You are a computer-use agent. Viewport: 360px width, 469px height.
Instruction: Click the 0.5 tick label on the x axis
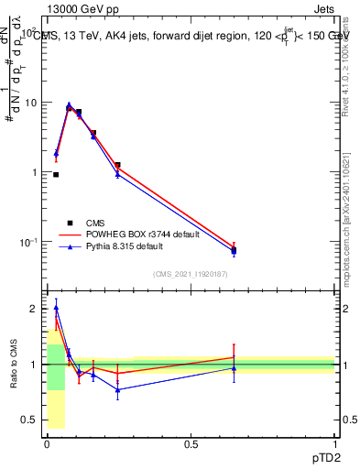point(191,444)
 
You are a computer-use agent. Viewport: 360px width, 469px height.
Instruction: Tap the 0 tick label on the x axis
point(47,444)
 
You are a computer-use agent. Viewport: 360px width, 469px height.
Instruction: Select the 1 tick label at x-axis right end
point(334,444)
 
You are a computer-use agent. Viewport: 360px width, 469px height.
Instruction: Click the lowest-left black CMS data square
point(56,174)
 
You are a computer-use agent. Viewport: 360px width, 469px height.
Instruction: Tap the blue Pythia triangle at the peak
point(69,105)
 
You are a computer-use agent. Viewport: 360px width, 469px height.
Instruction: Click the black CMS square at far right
point(234,249)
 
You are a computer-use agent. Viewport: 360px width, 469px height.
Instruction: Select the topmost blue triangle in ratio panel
point(56,308)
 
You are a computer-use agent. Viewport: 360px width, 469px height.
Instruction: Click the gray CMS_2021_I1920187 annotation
point(191,274)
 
